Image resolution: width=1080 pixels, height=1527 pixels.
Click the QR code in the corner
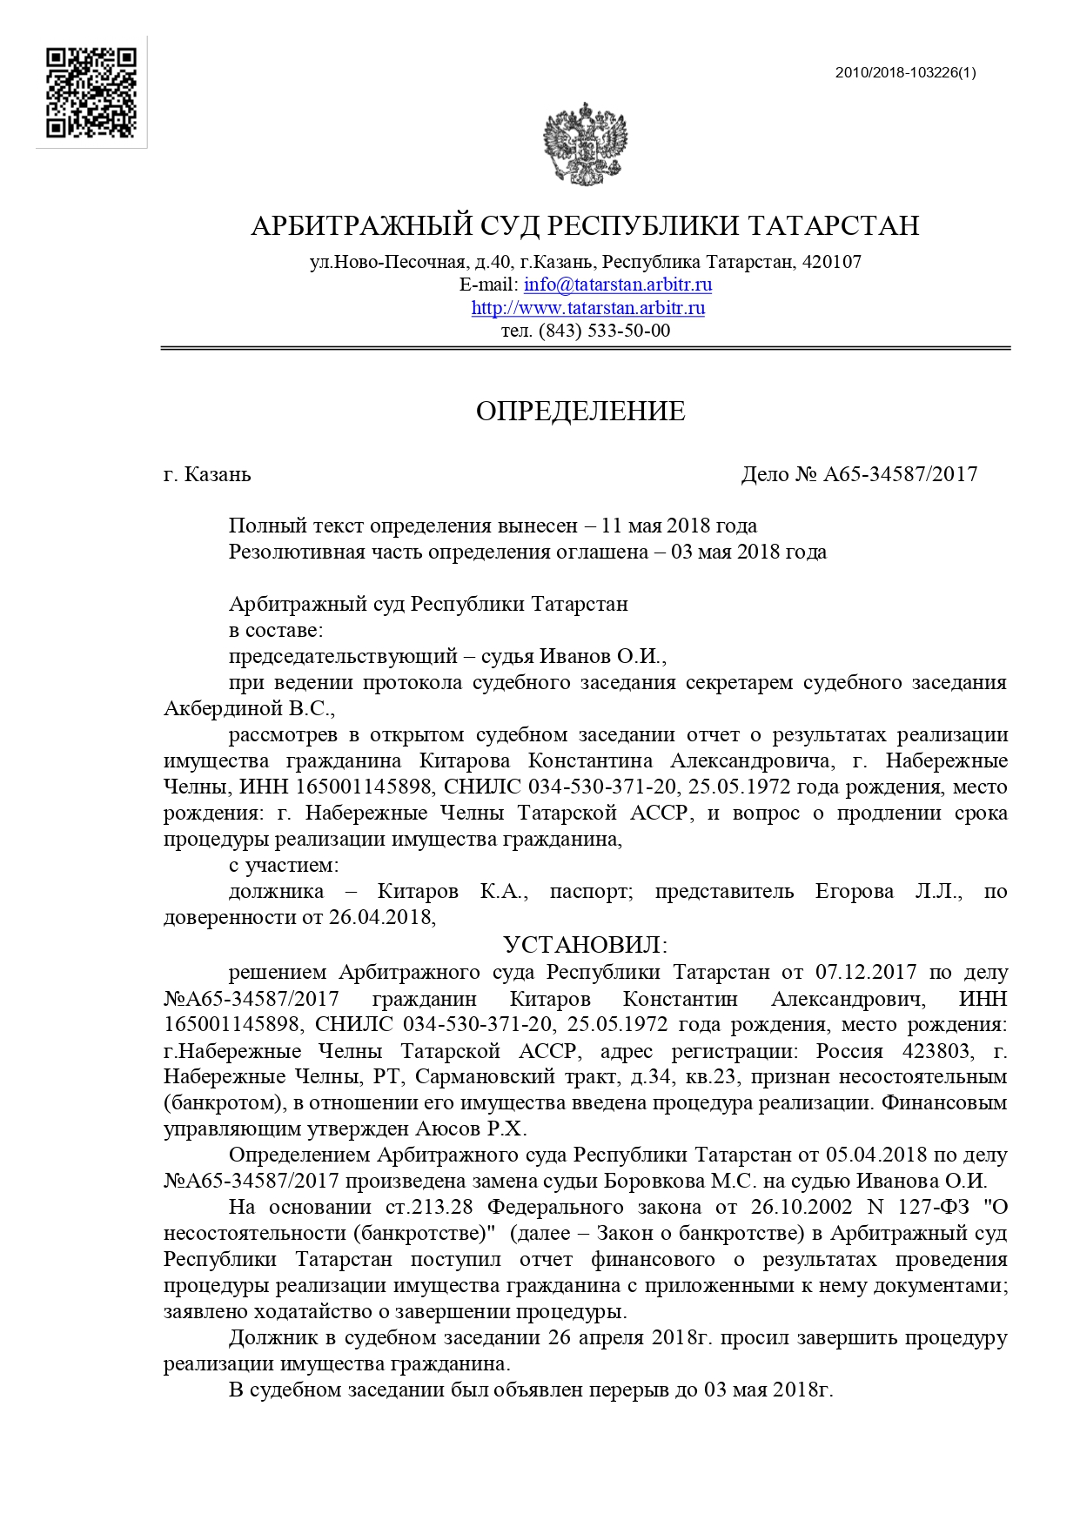click(91, 92)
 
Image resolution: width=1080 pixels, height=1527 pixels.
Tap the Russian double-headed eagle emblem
click(586, 143)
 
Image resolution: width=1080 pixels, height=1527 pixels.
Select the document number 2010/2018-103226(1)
click(905, 73)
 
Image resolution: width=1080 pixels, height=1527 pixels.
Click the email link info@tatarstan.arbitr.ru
click(618, 285)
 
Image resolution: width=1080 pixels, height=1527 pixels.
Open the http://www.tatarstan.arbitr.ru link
click(588, 308)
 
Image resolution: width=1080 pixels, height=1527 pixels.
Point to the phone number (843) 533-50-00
click(605, 331)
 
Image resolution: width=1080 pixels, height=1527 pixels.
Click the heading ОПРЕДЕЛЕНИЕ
click(580, 412)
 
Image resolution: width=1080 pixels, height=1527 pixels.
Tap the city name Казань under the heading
click(218, 474)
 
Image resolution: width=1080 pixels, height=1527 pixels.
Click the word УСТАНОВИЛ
click(586, 945)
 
